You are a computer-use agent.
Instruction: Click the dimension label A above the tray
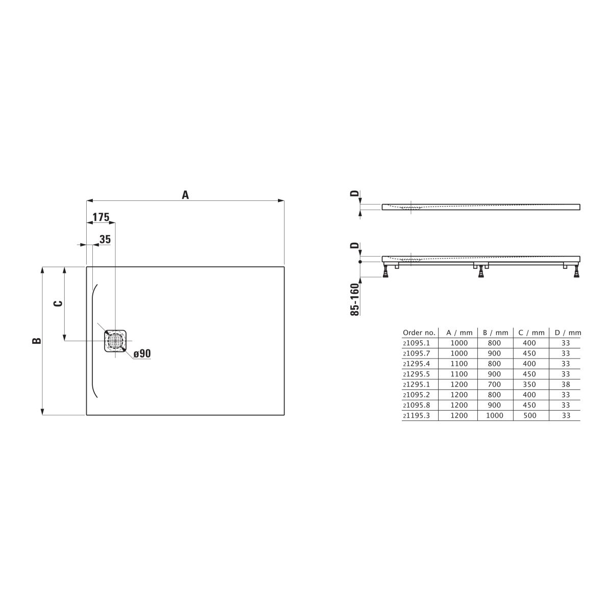pos(185,195)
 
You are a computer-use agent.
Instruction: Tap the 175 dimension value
pos(101,217)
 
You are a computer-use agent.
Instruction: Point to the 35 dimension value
pos(105,239)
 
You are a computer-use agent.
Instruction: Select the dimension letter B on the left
pos(37,341)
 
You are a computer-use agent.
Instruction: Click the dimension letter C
pos(58,303)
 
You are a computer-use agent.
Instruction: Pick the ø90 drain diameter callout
pos(142,353)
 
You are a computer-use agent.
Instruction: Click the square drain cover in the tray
pos(115,341)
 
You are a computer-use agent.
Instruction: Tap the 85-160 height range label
pos(355,299)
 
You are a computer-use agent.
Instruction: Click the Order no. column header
pos(419,333)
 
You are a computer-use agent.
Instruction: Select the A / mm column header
pos(459,333)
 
